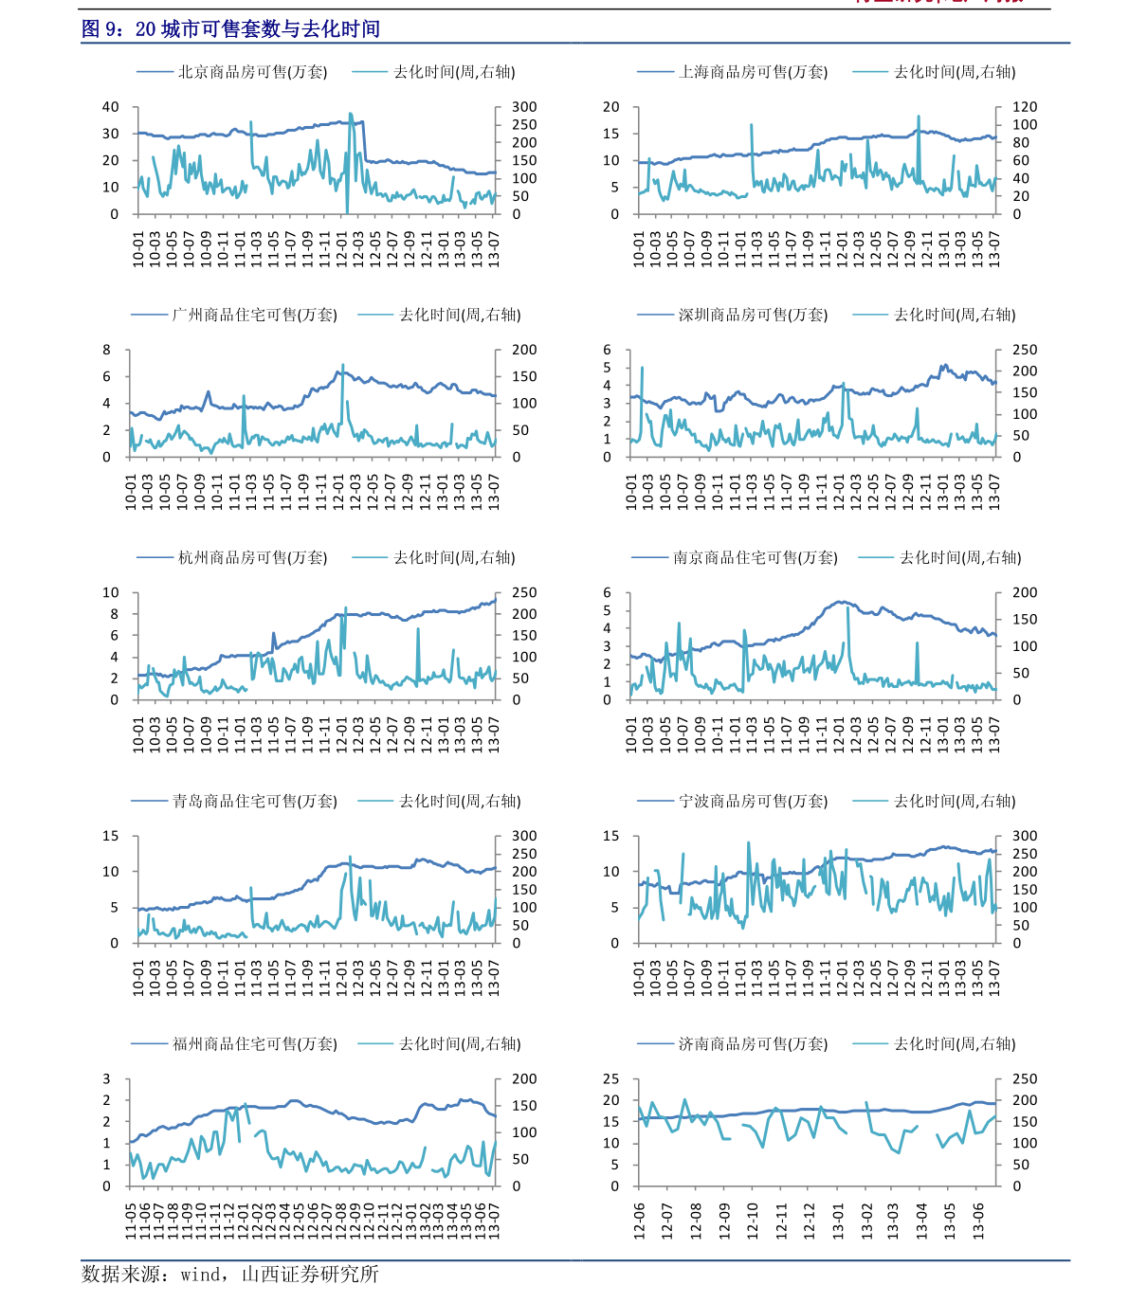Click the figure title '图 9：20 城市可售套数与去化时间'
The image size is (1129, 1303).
[x=230, y=29]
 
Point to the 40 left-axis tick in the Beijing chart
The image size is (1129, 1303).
[x=111, y=107]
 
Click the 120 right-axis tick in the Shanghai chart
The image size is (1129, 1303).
[x=1025, y=107]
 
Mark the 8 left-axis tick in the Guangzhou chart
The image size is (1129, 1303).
[x=107, y=350]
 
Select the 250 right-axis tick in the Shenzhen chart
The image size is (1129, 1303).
[x=1025, y=350]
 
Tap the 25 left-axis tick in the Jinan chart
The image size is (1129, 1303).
[x=611, y=1079]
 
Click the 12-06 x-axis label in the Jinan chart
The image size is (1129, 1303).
[x=640, y=1221]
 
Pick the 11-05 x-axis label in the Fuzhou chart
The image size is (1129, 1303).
[x=131, y=1221]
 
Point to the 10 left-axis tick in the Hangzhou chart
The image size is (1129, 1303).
[x=111, y=593]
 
